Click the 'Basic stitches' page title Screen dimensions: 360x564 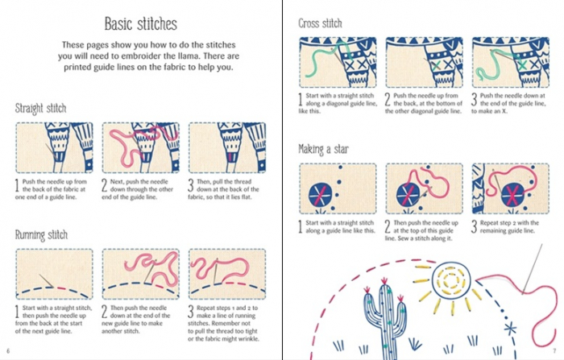pos(140,25)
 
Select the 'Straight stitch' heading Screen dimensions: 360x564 pos(40,108)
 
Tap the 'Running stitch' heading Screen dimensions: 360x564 pos(40,234)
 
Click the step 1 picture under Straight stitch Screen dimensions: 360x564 pos(53,147)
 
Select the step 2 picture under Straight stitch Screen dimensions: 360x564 pos(139,147)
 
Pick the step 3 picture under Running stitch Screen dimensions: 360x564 pos(226,274)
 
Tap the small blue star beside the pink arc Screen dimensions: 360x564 pos(508,329)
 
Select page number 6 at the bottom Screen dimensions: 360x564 pos(7,351)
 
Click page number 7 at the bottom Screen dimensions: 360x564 pos(555,351)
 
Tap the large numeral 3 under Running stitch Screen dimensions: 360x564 pos(192,312)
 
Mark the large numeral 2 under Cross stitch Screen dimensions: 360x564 pos(388,101)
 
